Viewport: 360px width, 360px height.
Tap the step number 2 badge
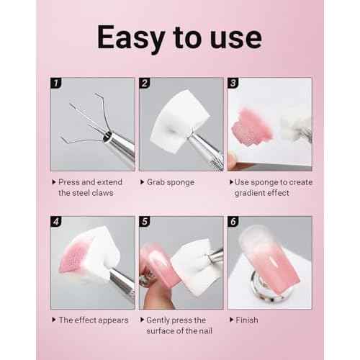pyautogui.click(x=143, y=84)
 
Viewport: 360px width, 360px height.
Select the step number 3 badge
pyautogui.click(x=233, y=84)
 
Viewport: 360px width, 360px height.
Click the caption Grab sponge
pyautogui.click(x=170, y=182)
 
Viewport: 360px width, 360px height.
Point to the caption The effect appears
pyautogui.click(x=93, y=319)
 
